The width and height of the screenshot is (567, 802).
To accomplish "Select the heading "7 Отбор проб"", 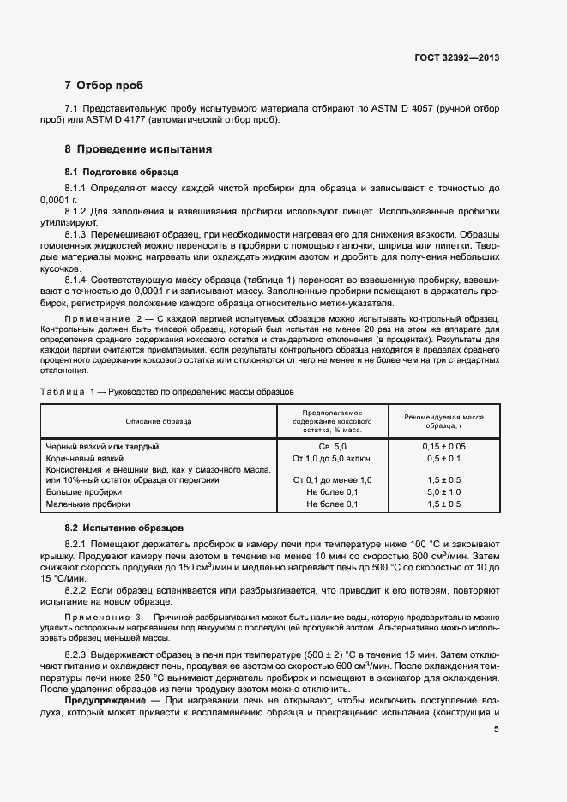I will click(x=104, y=86).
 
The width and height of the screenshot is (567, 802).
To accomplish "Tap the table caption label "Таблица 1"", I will click(x=68, y=391).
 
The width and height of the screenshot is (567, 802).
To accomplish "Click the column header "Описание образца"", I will click(x=159, y=421).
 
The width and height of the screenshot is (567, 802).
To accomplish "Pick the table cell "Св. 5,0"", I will click(x=332, y=447).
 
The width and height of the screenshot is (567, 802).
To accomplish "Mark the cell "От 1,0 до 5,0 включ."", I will click(x=332, y=459).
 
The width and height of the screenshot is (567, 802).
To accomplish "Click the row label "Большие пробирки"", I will click(x=83, y=493).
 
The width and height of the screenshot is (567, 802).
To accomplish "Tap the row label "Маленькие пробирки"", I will click(x=88, y=505).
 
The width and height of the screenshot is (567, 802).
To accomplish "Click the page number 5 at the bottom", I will click(x=496, y=730).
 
